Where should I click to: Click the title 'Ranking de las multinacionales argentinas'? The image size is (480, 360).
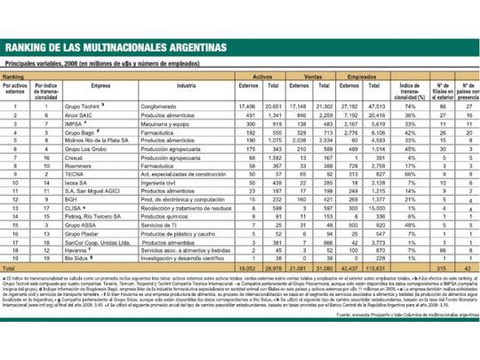116,47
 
